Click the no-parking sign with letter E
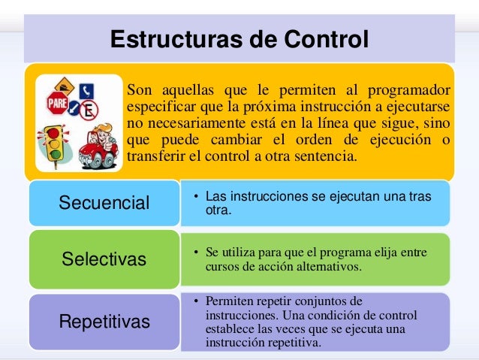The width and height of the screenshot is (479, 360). pos(87,111)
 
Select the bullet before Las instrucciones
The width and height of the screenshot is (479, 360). pos(195,198)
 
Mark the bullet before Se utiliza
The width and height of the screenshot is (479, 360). pos(195,253)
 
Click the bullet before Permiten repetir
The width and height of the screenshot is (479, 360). pos(195,302)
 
